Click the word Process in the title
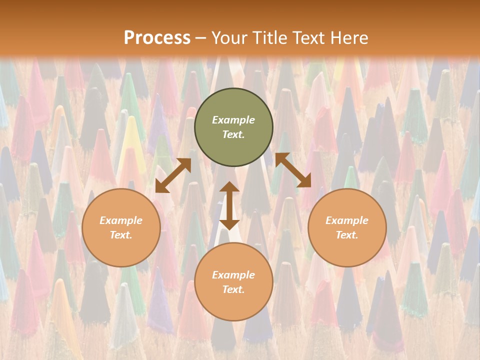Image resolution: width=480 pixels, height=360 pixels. [x=157, y=38]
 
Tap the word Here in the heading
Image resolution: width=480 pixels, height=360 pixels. [x=348, y=38]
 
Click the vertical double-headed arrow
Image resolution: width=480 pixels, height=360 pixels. [x=229, y=205]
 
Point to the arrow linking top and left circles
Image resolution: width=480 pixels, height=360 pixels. [x=173, y=175]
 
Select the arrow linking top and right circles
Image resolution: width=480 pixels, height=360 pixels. [x=293, y=170]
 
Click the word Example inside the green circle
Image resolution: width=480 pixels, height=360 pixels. [x=233, y=120]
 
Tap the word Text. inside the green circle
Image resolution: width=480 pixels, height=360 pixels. [x=233, y=134]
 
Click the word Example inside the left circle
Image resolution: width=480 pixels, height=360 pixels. [x=121, y=220]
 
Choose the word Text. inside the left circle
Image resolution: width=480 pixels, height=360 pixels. [x=121, y=235]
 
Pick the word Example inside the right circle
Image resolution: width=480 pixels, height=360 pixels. [x=347, y=220]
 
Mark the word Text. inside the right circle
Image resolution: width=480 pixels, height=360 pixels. [x=347, y=235]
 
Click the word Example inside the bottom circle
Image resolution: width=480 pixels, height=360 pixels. [x=233, y=275]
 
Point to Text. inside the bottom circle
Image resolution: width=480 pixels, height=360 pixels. [x=233, y=289]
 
